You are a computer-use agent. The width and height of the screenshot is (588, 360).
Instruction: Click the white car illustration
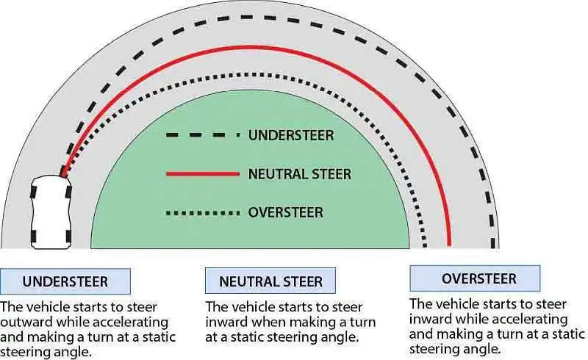click(51, 212)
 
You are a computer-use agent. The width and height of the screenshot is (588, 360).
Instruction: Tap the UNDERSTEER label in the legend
click(291, 135)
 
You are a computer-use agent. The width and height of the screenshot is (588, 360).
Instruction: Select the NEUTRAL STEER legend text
click(300, 174)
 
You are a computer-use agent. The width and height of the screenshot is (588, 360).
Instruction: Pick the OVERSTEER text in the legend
click(285, 212)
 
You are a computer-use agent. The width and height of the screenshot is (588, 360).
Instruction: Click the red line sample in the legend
click(203, 174)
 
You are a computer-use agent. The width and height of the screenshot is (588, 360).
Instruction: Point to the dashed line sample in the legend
click(203, 135)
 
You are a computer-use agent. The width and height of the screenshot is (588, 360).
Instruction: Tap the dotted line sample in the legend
click(203, 213)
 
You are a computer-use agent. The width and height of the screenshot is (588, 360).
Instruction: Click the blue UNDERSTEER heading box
click(65, 281)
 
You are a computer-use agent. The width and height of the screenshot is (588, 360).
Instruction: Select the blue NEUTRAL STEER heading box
click(270, 281)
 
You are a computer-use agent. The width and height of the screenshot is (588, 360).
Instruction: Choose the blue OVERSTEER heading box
click(475, 278)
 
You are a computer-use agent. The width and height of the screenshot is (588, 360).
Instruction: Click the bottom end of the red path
click(450, 245)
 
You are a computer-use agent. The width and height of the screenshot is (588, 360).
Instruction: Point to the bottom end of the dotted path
click(425, 246)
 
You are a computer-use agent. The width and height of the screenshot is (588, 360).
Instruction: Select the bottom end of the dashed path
click(493, 246)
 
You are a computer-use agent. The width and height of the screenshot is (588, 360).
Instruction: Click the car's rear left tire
click(33, 237)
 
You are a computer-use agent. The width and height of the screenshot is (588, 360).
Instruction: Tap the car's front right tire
click(68, 192)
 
